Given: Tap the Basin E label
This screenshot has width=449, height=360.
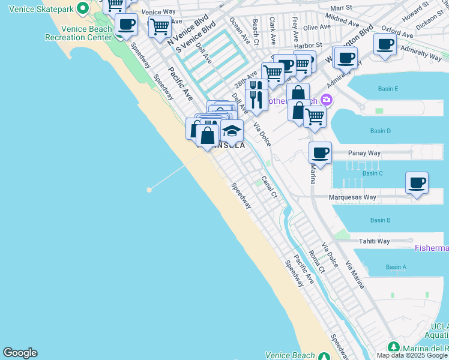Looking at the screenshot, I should click(388, 89).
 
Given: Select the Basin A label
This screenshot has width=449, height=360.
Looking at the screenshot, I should click(396, 267).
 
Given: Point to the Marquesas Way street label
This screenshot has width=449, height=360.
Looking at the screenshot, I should click(352, 197).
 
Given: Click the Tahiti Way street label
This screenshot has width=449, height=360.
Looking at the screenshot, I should click(374, 241).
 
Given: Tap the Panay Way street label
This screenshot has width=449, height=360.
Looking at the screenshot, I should click(364, 153).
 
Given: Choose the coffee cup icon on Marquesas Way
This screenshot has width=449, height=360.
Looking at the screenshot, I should click(417, 182).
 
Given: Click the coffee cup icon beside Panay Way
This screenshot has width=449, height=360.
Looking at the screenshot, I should click(320, 152).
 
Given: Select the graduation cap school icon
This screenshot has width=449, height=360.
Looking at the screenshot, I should click(232, 130).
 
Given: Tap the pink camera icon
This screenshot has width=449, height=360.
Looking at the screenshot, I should click(326, 100).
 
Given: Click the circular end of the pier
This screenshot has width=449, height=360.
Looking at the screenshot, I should click(149, 190).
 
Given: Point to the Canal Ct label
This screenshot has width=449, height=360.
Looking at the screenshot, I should click(269, 187).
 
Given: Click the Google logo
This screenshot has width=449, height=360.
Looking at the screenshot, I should click(20, 353).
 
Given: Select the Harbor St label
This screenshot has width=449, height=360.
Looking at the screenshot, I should click(308, 45).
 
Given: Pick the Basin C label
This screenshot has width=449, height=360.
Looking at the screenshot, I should click(372, 173).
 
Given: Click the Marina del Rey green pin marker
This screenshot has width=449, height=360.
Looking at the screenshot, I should click(393, 347).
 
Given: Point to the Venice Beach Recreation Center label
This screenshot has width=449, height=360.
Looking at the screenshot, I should click(78, 33).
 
